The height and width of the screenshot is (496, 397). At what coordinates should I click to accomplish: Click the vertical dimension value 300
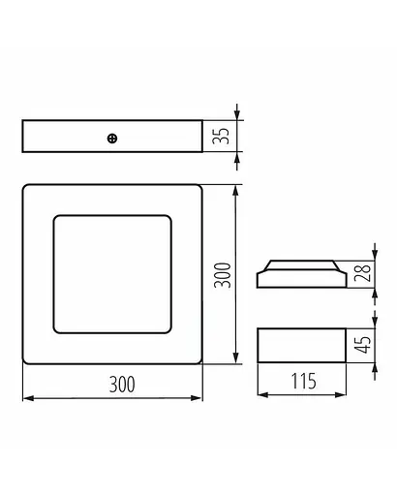(222, 274)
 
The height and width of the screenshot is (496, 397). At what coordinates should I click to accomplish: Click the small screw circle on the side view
(112, 138)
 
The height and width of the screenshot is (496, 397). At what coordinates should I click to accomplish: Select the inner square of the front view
(111, 274)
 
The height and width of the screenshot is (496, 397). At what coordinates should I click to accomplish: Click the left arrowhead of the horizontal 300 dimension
(25, 397)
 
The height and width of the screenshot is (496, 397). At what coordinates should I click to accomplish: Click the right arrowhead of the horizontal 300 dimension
(198, 397)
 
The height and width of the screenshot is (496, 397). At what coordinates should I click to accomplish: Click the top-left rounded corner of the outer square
(26, 188)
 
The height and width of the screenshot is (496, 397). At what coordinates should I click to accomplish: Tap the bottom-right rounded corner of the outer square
(198, 361)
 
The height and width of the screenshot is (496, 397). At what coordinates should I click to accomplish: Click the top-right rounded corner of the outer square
(198, 188)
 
